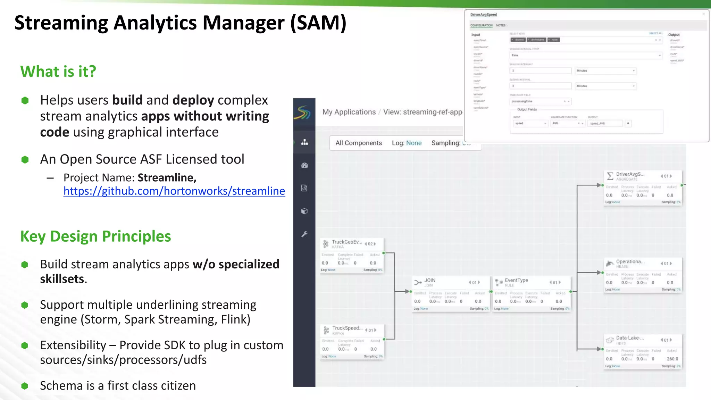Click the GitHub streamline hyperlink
coord(174,191)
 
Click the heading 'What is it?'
coord(58,72)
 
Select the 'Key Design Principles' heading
coord(95,236)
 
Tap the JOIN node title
coord(429,280)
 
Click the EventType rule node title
coord(516,280)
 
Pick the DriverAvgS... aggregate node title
coord(630,174)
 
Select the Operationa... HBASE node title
coord(630,262)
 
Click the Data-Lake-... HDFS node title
coord(629,338)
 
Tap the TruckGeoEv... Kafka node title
coord(346,242)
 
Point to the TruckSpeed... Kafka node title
coord(347,328)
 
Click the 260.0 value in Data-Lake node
coord(672,359)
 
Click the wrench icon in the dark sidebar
coord(304,234)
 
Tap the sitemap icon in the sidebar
coord(304,142)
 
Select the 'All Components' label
coord(358,143)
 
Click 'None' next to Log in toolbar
coord(413,143)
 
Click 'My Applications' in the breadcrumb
coord(349,112)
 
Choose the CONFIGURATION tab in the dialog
coord(481,25)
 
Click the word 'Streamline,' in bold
coord(167,178)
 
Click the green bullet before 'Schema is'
coord(25,386)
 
